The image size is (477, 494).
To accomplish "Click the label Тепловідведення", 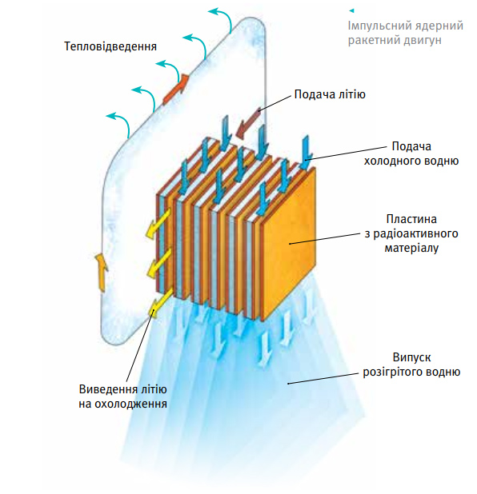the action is click(x=110, y=46).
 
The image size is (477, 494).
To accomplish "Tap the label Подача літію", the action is click(x=330, y=94).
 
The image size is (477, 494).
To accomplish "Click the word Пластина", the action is click(x=411, y=219).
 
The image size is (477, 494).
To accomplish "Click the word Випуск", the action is click(x=411, y=357).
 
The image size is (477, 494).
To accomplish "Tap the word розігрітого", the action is click(x=392, y=372).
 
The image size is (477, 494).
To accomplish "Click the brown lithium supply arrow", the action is click(x=248, y=124).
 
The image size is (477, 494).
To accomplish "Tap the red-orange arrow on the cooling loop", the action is click(x=176, y=90).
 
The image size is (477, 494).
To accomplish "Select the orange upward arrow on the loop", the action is click(x=102, y=273).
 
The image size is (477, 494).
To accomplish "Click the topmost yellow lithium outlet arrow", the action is click(x=158, y=222).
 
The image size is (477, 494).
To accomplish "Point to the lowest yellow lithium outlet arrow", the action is click(x=160, y=302).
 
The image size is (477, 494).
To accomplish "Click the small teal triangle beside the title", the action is click(x=352, y=10).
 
